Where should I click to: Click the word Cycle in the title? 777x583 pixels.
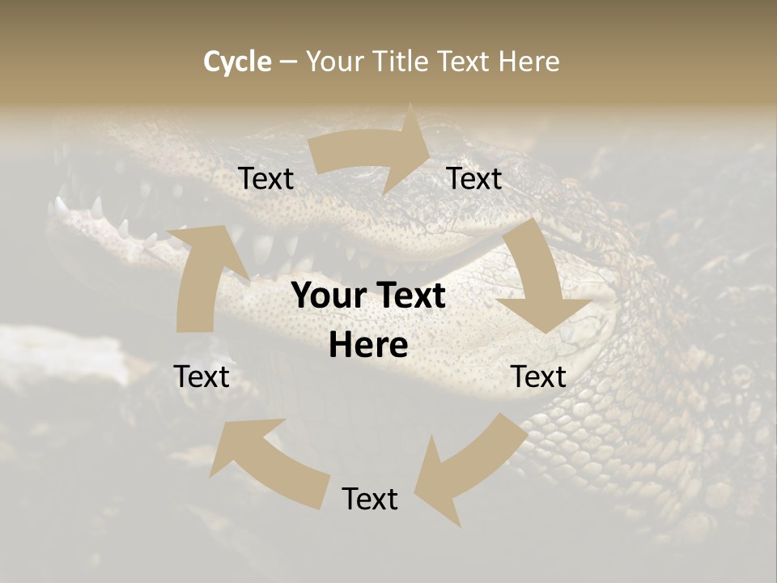[237, 62]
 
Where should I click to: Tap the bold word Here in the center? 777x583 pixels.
[368, 346]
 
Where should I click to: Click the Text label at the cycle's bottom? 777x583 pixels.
[370, 499]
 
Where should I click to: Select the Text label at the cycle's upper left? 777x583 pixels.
[265, 179]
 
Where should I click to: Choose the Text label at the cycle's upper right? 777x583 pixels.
[474, 179]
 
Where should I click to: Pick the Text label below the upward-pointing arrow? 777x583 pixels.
[202, 377]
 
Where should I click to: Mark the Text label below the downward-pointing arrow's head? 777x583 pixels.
[538, 377]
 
